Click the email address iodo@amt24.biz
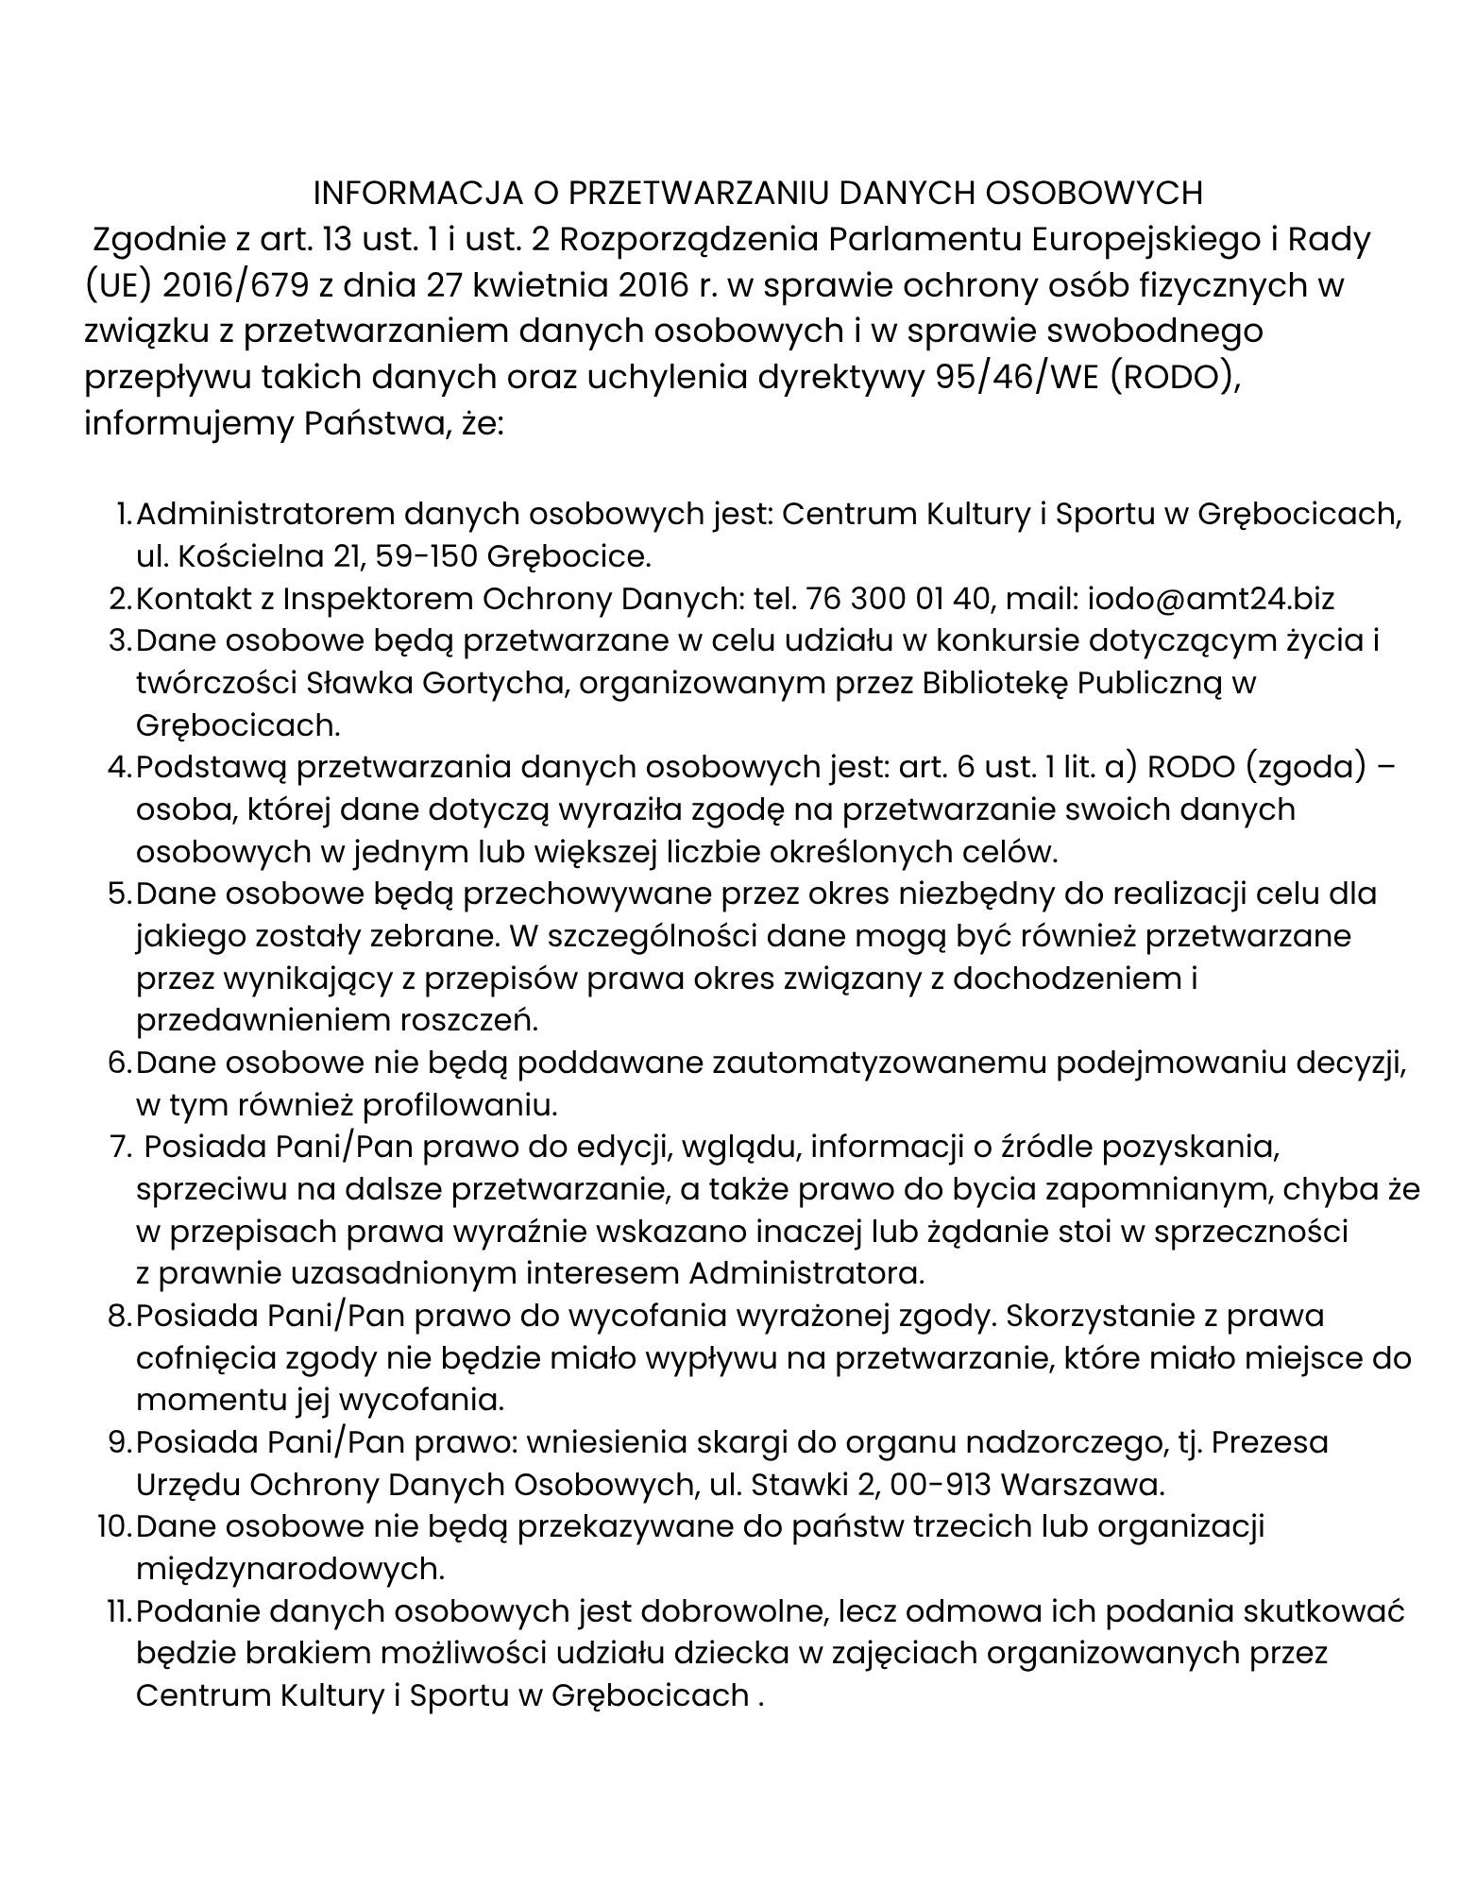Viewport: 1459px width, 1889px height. click(1211, 599)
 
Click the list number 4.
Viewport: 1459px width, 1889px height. click(118, 767)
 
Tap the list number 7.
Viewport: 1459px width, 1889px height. click(119, 1148)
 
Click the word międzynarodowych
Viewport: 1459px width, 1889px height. click(289, 1570)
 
